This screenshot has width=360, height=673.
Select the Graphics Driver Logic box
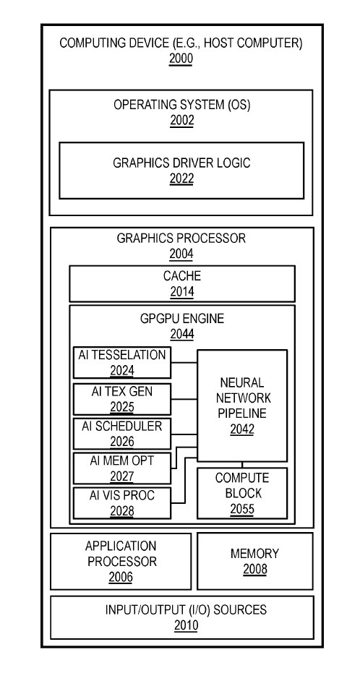point(181,170)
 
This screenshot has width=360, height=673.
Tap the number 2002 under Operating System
point(181,121)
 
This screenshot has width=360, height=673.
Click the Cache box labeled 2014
point(181,283)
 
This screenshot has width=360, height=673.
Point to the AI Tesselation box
point(122,362)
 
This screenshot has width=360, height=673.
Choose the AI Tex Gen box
point(122,398)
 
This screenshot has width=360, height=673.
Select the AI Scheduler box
point(122,433)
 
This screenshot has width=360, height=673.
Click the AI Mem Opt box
point(122,468)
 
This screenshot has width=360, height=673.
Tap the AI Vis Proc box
point(122,502)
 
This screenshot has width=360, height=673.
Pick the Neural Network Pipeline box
point(242,406)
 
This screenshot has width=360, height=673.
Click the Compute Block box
point(242,493)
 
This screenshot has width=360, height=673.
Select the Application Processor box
point(121,561)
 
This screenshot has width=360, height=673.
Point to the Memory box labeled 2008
point(254,561)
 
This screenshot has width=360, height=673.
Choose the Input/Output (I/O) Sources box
point(181,617)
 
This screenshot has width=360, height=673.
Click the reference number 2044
point(181,334)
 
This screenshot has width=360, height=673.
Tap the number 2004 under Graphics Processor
point(181,254)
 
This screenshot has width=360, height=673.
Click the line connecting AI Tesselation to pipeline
point(184,359)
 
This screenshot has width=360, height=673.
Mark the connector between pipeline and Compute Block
point(242,464)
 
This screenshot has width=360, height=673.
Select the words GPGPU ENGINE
point(181,319)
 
